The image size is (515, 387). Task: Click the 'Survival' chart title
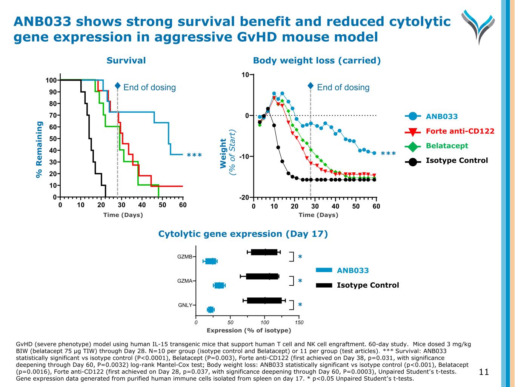[126, 60]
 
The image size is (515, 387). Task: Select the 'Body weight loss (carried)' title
[317, 60]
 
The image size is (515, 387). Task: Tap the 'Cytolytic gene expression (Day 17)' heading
[243, 234]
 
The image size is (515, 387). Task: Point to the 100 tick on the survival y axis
[51, 80]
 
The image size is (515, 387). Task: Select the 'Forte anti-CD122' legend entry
[460, 131]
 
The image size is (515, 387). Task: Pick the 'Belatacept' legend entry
[447, 146]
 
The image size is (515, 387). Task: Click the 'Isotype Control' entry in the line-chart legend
[457, 161]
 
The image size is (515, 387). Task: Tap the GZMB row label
[185, 257]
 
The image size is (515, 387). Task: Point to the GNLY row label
[185, 305]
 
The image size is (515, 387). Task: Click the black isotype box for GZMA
[262, 276]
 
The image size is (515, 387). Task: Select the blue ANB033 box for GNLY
[211, 310]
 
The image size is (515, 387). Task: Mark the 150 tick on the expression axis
[299, 322]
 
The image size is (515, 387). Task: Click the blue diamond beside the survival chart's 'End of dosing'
[118, 87]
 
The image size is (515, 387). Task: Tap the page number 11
[484, 372]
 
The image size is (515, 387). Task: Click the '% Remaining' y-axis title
[39, 149]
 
